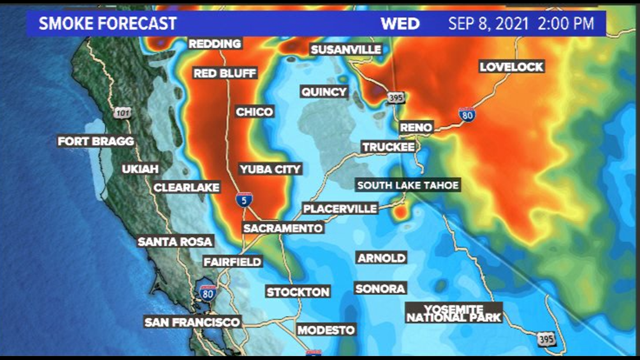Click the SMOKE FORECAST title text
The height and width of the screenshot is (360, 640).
107,24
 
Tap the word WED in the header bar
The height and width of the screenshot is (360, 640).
400,24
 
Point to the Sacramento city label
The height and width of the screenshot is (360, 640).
283,228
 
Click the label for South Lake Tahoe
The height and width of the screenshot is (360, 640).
408,185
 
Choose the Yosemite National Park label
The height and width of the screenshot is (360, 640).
454,313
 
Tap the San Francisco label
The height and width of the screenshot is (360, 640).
192,322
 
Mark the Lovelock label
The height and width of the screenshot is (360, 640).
511,67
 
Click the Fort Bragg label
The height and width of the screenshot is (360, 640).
96,141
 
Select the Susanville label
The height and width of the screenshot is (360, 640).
346,49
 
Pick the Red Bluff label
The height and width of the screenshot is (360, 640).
225,73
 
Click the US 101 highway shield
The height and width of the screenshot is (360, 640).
123,112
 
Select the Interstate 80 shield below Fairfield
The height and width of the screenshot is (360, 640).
207,292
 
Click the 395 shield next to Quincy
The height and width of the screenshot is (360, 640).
395,98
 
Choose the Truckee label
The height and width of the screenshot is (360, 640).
388,147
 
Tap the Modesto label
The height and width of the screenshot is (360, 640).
326,330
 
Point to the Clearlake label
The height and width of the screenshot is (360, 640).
186,188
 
